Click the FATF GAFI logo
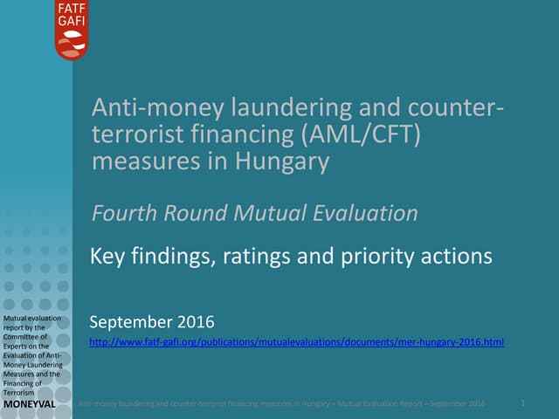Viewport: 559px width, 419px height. (72, 30)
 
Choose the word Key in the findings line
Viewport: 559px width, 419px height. (107, 257)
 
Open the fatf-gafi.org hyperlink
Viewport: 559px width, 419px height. (297, 341)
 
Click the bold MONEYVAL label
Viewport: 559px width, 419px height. (30, 407)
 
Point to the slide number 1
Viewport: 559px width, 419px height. (522, 403)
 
